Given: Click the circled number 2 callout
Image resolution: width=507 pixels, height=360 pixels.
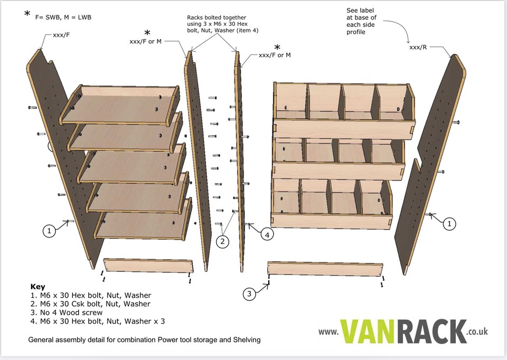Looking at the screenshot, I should coord(223,242).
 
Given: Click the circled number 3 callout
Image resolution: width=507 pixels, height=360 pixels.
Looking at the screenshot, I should coord(251,293).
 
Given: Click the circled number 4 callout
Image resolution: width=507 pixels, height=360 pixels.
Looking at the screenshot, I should coord(267,235).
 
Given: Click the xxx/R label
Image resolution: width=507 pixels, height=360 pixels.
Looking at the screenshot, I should coord(419,48).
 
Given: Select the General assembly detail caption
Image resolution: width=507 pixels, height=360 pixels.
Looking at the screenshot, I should coord(144,340).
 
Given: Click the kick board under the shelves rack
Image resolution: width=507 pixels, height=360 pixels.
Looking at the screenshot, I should coord(147,266).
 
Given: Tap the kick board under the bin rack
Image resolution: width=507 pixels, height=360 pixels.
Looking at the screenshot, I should coord(324,269).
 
